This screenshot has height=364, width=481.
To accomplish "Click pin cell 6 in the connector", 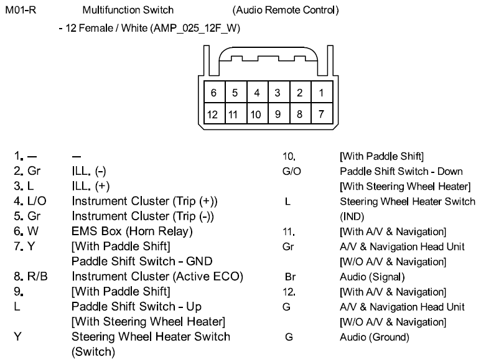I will click(213, 93).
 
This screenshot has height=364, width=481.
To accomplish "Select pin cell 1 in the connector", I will click(320, 93).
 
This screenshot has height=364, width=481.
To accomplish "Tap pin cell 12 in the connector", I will click(213, 114).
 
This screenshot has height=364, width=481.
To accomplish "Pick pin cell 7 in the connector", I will click(320, 114).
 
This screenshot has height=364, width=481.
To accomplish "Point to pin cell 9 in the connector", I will click(278, 114).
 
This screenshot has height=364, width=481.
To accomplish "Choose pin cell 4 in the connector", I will click(256, 93).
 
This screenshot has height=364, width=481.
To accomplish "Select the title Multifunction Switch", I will click(128, 11).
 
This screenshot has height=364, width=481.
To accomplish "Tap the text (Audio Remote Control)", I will click(285, 11).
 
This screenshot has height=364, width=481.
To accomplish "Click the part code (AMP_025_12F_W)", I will click(193, 28).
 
